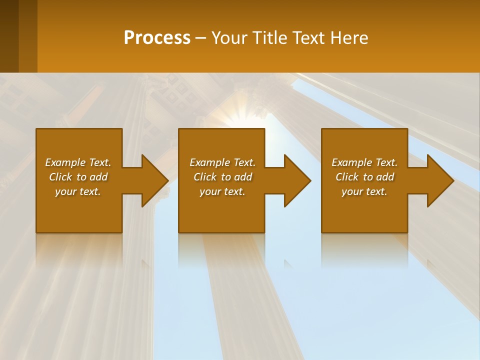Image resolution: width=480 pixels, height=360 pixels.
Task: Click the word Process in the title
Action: [157, 38]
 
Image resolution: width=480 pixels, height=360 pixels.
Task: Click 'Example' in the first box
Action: [66, 162]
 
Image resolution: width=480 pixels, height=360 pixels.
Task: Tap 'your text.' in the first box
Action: [78, 191]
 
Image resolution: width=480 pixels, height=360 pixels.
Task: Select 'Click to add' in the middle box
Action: [222, 177]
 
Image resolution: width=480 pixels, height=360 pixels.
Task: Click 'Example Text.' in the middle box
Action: [222, 162]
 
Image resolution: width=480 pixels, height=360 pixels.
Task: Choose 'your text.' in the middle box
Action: [222, 191]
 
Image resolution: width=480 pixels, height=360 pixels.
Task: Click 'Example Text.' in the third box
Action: [364, 162]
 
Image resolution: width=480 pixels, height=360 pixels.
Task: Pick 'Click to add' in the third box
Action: [364, 177]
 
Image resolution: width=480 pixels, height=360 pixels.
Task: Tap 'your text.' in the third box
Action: [364, 191]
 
